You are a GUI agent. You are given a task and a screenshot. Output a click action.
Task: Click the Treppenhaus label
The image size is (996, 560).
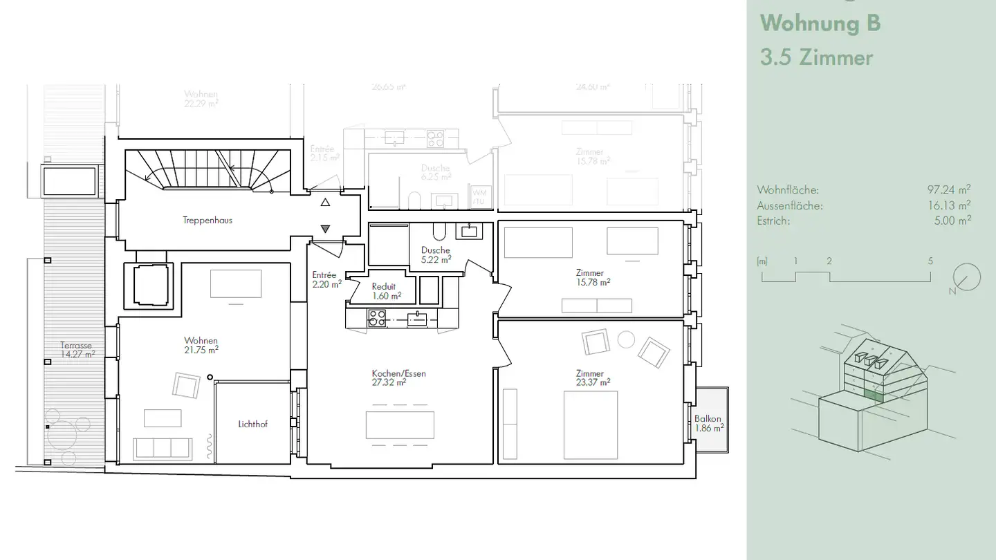pyautogui.click(x=207, y=221)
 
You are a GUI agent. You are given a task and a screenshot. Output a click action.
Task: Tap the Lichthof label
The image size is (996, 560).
pyautogui.click(x=252, y=424)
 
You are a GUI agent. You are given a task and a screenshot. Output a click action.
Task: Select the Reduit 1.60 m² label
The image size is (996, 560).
pyautogui.click(x=384, y=291)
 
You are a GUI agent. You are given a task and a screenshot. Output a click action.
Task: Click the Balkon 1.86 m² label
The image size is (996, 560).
pyautogui.click(x=709, y=423)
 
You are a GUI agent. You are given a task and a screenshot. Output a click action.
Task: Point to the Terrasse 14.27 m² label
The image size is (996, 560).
pyautogui.click(x=76, y=350)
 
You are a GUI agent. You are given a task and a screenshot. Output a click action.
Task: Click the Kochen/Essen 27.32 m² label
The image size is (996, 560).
pyautogui.click(x=398, y=377)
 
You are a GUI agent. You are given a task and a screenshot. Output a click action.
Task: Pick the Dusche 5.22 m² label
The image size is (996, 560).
pyautogui.click(x=435, y=254)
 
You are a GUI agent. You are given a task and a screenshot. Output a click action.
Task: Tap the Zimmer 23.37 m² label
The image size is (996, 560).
pyautogui.click(x=589, y=377)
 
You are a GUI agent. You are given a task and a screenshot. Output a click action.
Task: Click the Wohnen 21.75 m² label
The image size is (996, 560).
pyautogui.click(x=201, y=345)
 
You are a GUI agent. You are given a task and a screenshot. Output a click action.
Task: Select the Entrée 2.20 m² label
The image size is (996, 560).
pyautogui.click(x=326, y=279)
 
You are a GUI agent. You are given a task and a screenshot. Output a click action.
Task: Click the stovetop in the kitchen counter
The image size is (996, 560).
pyautogui.click(x=376, y=318)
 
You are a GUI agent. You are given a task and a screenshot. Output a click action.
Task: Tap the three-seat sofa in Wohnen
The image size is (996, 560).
pyautogui.click(x=163, y=448)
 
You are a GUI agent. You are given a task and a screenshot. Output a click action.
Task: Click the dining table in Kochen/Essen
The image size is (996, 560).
pyautogui.click(x=400, y=424)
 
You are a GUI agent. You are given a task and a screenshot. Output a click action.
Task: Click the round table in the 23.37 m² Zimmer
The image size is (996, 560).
pyautogui.click(x=625, y=339)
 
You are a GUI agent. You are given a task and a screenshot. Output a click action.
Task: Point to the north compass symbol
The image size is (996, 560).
pyautogui.click(x=966, y=278)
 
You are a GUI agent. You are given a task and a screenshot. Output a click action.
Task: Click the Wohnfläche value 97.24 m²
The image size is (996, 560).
pyautogui.click(x=948, y=189)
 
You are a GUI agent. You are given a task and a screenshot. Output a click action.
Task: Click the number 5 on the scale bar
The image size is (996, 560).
pyautogui.click(x=930, y=261)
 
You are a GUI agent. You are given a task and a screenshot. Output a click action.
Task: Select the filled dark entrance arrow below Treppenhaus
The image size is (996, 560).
pyautogui.click(x=325, y=229)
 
